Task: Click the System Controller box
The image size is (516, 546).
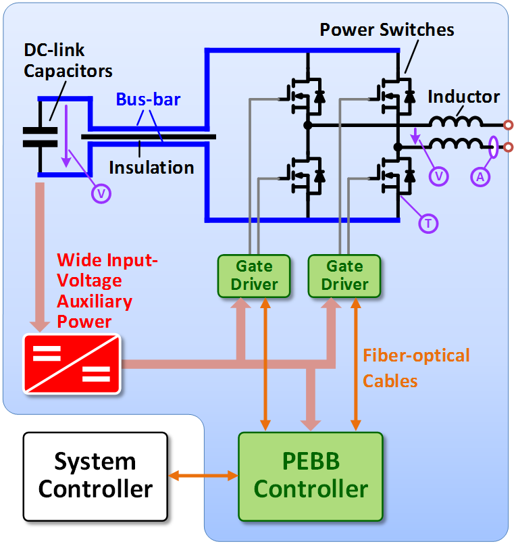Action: [x=95, y=475]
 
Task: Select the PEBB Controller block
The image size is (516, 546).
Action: [x=311, y=476]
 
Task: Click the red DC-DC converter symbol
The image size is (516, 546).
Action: [x=73, y=363]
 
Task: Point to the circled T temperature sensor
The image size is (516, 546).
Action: [x=428, y=222]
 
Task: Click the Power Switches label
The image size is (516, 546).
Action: [x=387, y=30]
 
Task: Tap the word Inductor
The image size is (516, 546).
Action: [x=463, y=97]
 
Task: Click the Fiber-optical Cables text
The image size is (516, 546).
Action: [x=416, y=368]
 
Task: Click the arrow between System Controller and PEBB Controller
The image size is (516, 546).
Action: [x=203, y=476]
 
